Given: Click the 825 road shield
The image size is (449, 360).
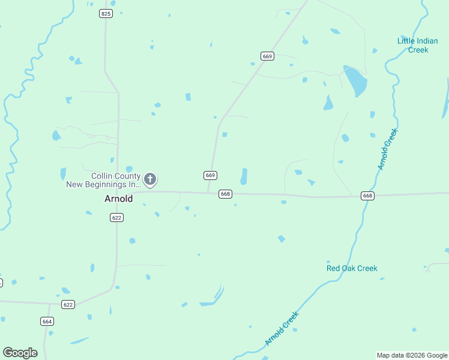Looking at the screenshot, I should click(106, 13).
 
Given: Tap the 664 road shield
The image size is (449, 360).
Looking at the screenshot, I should click(47, 321).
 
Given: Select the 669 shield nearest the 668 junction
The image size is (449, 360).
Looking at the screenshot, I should click(210, 175).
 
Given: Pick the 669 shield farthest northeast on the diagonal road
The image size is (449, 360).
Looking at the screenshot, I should click(268, 56).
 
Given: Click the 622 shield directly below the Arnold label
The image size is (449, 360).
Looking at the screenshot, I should click(117, 218).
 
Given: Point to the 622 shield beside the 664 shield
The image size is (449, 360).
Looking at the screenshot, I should click(68, 305).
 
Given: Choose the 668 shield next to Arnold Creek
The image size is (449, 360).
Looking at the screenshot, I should click(368, 196).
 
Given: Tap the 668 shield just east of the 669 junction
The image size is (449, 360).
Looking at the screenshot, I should click(225, 194).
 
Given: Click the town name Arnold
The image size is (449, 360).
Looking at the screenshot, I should click(119, 198).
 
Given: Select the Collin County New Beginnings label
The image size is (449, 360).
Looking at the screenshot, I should click(103, 180).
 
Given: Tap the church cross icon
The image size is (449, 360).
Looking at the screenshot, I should click(150, 179).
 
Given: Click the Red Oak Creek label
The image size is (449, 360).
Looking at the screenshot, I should click(352, 268).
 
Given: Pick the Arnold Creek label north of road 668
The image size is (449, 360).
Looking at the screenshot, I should click(388, 149).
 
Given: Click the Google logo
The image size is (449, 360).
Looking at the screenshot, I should click(20, 353).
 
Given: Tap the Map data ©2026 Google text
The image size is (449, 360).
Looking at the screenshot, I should click(412, 355).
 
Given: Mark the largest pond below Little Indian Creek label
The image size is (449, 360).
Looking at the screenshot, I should click(355, 80).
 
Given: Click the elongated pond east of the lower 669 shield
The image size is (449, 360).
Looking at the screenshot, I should click(244, 176).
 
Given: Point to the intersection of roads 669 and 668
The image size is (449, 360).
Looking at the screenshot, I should click(208, 193).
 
